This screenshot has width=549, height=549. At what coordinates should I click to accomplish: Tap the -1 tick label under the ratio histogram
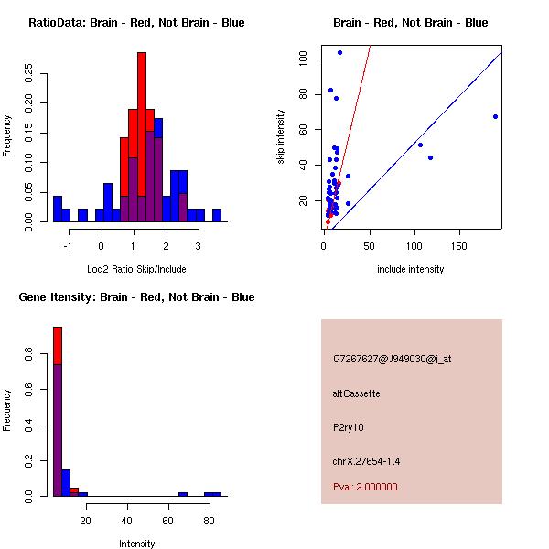pos(68,246)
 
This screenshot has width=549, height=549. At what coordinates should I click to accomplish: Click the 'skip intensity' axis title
pos(282,137)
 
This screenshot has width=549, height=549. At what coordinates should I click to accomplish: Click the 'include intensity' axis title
pos(411,269)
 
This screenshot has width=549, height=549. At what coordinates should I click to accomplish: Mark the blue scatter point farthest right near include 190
pos(495,116)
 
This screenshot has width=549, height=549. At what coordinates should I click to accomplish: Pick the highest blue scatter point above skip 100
pos(339,52)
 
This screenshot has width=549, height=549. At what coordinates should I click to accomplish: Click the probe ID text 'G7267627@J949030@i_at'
pos(392,359)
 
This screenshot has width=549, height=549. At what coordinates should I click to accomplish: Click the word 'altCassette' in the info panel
pos(356,393)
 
